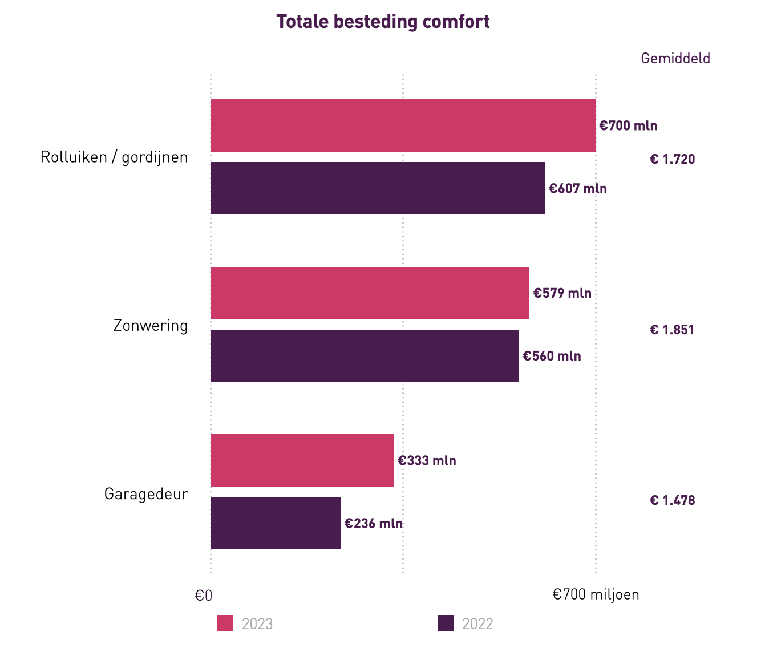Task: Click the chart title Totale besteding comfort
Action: (383, 22)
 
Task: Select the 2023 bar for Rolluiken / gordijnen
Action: (403, 125)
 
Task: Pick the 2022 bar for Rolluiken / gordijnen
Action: (378, 188)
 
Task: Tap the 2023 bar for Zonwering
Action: (370, 293)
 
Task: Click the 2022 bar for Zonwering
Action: (365, 355)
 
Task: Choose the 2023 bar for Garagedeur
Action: (302, 460)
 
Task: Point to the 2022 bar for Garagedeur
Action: (276, 523)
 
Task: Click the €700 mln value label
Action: (628, 125)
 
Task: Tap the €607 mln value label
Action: (577, 188)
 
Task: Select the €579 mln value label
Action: (562, 293)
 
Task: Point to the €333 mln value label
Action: (427, 460)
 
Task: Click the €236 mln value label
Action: (373, 523)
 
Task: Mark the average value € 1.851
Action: (672, 330)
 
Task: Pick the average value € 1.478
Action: (672, 500)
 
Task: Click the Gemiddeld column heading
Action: (675, 58)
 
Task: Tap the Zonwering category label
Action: (151, 326)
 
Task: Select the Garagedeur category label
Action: (146, 494)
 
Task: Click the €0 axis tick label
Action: (204, 596)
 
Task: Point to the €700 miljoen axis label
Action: (596, 594)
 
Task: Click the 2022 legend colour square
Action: (446, 623)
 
